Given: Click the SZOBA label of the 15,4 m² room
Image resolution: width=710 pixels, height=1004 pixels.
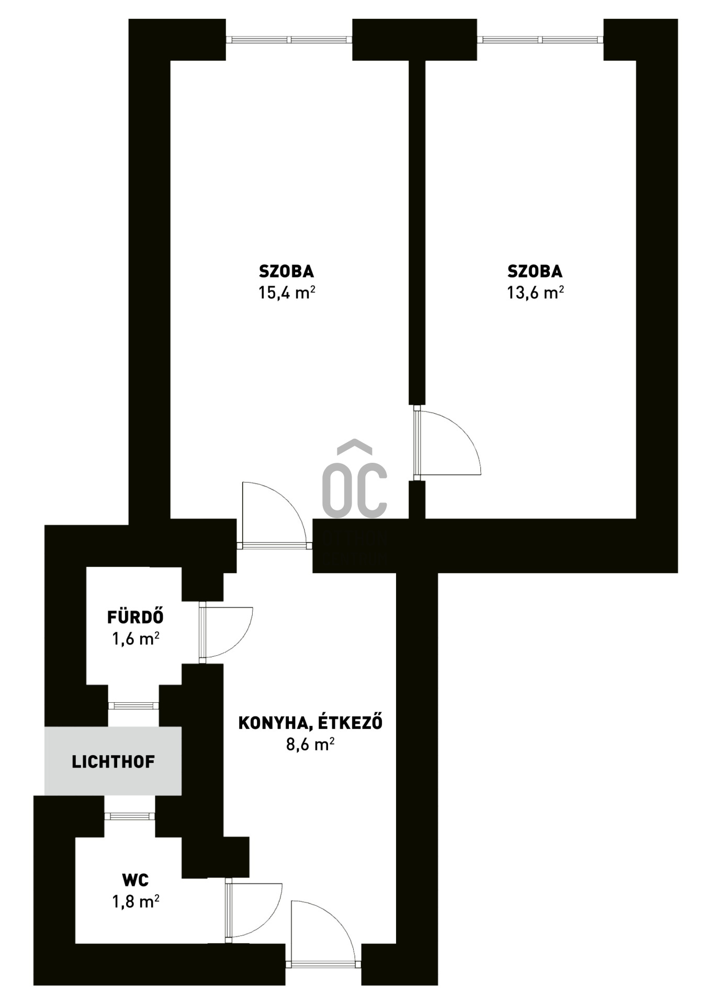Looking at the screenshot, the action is click(x=286, y=271).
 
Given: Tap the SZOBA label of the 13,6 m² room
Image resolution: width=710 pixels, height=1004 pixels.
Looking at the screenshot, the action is click(x=535, y=271).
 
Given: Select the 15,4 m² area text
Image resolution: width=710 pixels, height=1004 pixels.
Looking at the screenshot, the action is click(x=286, y=292).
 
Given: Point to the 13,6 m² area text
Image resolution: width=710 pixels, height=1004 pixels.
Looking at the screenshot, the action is click(x=535, y=292).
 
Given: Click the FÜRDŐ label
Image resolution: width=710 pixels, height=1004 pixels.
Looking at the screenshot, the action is click(x=135, y=617).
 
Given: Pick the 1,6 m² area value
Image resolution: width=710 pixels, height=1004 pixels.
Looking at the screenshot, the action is click(x=136, y=638).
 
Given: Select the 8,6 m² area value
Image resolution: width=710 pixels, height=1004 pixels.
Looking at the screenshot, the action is click(x=310, y=744).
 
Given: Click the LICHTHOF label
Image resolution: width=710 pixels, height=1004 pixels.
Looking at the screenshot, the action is click(x=113, y=761).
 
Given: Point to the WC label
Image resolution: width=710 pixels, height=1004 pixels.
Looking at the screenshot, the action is click(x=135, y=880).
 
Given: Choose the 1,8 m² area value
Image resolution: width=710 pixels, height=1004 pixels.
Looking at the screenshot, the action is click(x=136, y=902).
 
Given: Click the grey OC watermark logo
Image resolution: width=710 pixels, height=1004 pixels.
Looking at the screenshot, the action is click(x=355, y=479).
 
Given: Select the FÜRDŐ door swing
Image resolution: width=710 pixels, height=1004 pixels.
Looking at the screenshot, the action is click(x=226, y=632).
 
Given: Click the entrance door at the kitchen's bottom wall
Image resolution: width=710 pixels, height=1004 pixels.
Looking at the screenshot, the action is click(x=323, y=934).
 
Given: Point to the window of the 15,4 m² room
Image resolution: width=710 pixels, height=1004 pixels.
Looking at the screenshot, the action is click(x=289, y=40).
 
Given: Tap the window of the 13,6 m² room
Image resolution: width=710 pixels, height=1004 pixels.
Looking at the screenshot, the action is click(x=540, y=40).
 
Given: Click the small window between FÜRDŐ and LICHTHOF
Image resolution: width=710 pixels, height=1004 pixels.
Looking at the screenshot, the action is click(x=133, y=705).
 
